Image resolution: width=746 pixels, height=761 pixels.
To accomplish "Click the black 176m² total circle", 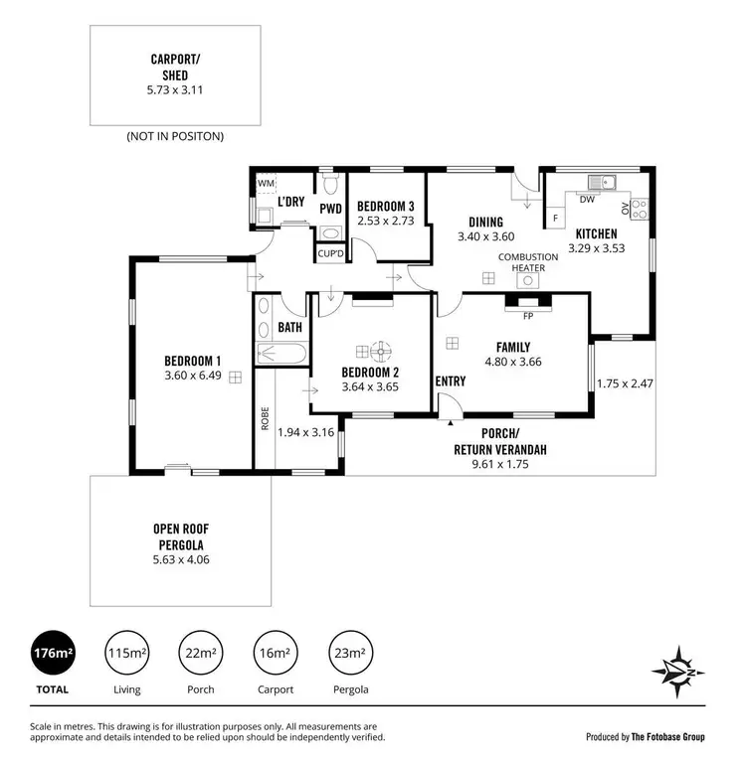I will coord(53,653).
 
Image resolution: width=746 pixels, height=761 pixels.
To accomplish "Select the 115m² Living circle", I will coord(126,653).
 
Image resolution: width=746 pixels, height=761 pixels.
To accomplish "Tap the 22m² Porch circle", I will coord(200,653).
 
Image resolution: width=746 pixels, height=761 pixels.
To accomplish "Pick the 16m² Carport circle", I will coord(275,653).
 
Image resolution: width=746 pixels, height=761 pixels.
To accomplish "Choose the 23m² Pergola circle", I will coord(348,653).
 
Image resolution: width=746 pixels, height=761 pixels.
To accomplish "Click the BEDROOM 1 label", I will coord(192,361).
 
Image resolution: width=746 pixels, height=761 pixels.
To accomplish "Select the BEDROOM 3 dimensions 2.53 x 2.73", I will coord(385,221).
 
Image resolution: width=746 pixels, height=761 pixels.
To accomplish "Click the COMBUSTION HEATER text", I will coord(527,262).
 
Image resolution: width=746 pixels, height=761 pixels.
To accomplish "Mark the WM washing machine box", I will coord(266,184).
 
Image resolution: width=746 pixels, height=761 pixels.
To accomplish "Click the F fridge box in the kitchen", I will coord(555,217).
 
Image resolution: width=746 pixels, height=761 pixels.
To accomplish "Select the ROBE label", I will coord(265,418).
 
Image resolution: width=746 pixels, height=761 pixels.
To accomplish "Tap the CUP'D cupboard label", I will coord(330,253).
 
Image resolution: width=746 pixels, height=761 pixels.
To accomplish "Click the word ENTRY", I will coord(451,380).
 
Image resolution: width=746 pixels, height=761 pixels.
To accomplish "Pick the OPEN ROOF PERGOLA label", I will coord(180,536).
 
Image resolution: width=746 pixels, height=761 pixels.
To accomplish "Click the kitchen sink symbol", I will coord(601,182).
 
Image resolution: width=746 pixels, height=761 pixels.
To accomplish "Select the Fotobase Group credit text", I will coord(647,736).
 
